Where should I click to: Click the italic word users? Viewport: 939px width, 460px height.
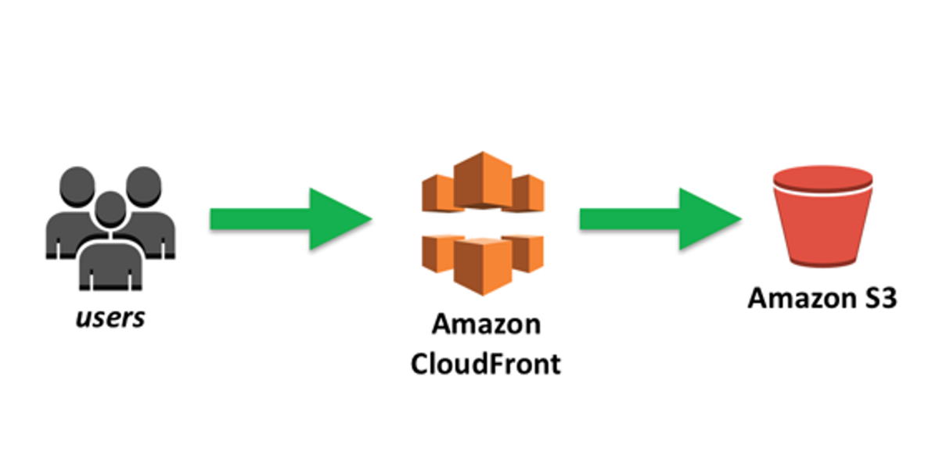point(110,318)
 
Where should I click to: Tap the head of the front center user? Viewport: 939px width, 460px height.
point(110,209)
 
